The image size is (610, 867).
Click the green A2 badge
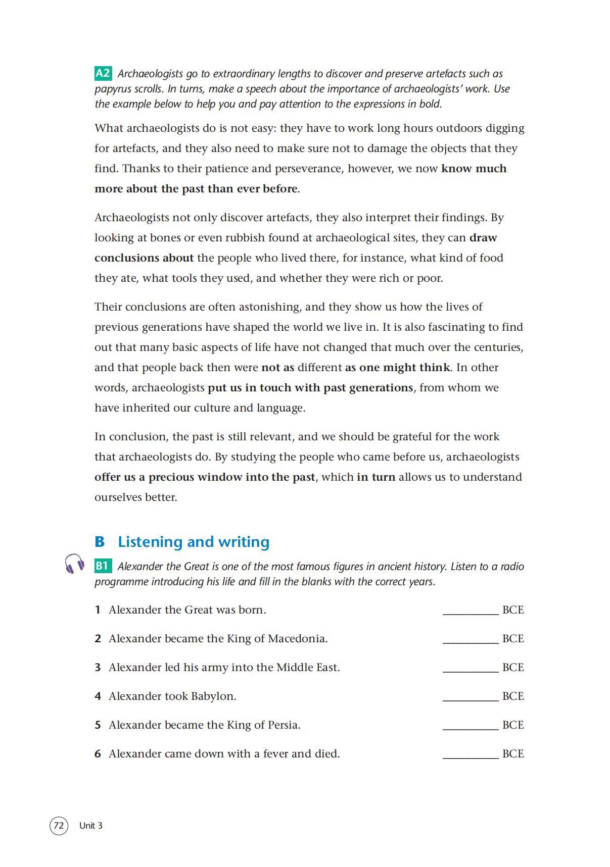[103, 73]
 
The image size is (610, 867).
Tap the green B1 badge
[103, 566]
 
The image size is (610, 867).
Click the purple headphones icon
[74, 563]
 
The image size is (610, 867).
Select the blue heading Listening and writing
[194, 542]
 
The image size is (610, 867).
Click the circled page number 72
[59, 826]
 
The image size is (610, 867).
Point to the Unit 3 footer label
[91, 826]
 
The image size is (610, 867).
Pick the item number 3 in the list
[98, 668]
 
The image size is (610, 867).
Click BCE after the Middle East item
[513, 668]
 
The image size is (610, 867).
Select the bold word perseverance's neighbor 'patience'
[248, 169]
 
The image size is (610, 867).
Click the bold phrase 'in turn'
[376, 477]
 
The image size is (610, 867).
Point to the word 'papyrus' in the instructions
[112, 89]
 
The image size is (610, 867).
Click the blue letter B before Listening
[100, 542]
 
